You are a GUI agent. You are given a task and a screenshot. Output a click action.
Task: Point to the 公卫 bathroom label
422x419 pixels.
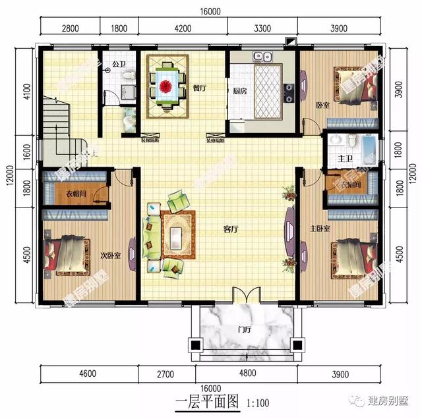pos(119,65)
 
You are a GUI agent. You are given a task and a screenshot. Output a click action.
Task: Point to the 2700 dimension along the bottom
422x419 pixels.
pos(165,374)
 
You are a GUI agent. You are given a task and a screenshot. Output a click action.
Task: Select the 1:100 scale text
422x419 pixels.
pos(257,401)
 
